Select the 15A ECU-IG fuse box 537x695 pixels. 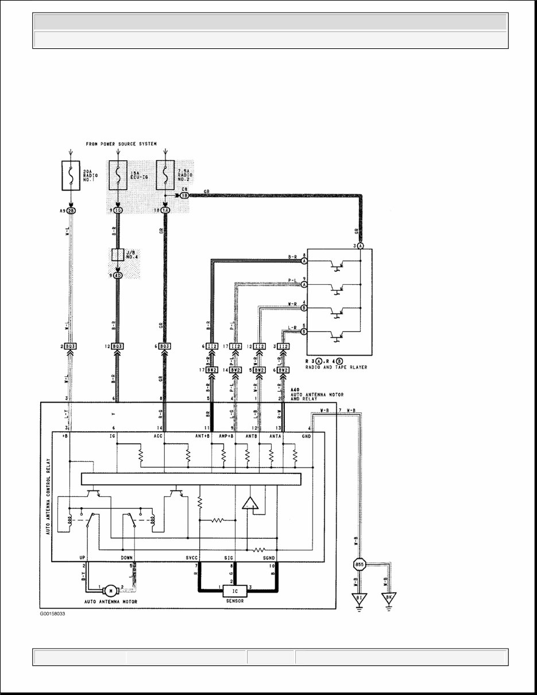(x=118, y=175)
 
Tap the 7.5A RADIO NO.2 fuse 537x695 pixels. (x=165, y=175)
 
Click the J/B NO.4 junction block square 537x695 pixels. (x=118, y=255)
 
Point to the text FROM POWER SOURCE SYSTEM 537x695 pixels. (x=121, y=144)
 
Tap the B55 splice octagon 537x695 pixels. (x=360, y=565)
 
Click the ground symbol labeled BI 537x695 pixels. (x=360, y=599)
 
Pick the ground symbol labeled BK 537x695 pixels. (x=389, y=599)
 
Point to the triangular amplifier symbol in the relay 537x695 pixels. (x=250, y=504)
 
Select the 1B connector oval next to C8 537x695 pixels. (x=185, y=195)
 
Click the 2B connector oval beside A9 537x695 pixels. (x=72, y=211)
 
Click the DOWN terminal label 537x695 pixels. (x=127, y=557)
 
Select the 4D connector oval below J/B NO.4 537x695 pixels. (x=118, y=275)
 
